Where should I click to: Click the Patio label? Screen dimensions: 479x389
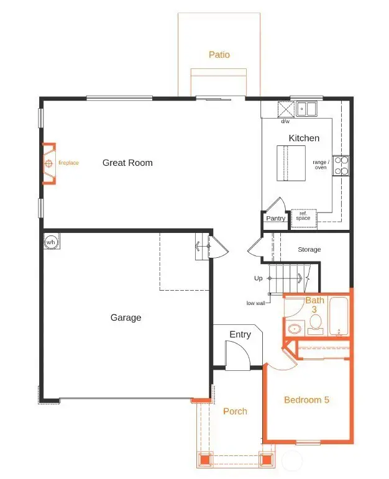click(219, 55)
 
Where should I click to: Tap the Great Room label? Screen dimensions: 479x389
click(127, 163)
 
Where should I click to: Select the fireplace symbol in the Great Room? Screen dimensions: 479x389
click(48, 164)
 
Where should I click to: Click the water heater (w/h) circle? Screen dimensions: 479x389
click(51, 241)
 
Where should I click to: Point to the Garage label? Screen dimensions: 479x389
click(126, 317)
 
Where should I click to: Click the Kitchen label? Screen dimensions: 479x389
click(304, 138)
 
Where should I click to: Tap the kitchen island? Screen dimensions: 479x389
click(291, 163)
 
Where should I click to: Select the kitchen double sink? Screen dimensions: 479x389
click(306, 109)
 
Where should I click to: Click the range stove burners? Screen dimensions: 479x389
click(341, 165)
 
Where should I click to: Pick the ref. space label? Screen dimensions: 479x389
click(303, 216)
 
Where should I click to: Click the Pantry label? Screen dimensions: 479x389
click(275, 219)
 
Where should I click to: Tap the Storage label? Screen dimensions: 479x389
click(309, 250)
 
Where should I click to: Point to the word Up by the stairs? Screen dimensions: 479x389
click(259, 278)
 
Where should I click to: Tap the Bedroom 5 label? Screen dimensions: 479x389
click(306, 399)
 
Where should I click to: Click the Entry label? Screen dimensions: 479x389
click(240, 334)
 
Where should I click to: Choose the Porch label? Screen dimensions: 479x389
click(235, 411)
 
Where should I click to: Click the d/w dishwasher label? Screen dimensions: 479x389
click(285, 121)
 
